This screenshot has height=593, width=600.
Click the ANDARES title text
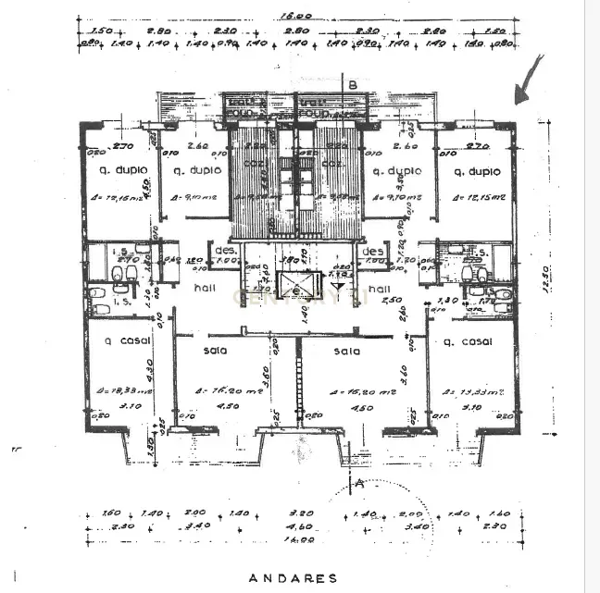pyautogui.click(x=293, y=578)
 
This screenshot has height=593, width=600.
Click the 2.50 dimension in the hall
pyautogui.click(x=391, y=300)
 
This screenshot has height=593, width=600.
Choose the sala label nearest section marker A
pyautogui.click(x=347, y=351)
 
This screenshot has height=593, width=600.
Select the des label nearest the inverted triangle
pyautogui.click(x=373, y=251)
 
